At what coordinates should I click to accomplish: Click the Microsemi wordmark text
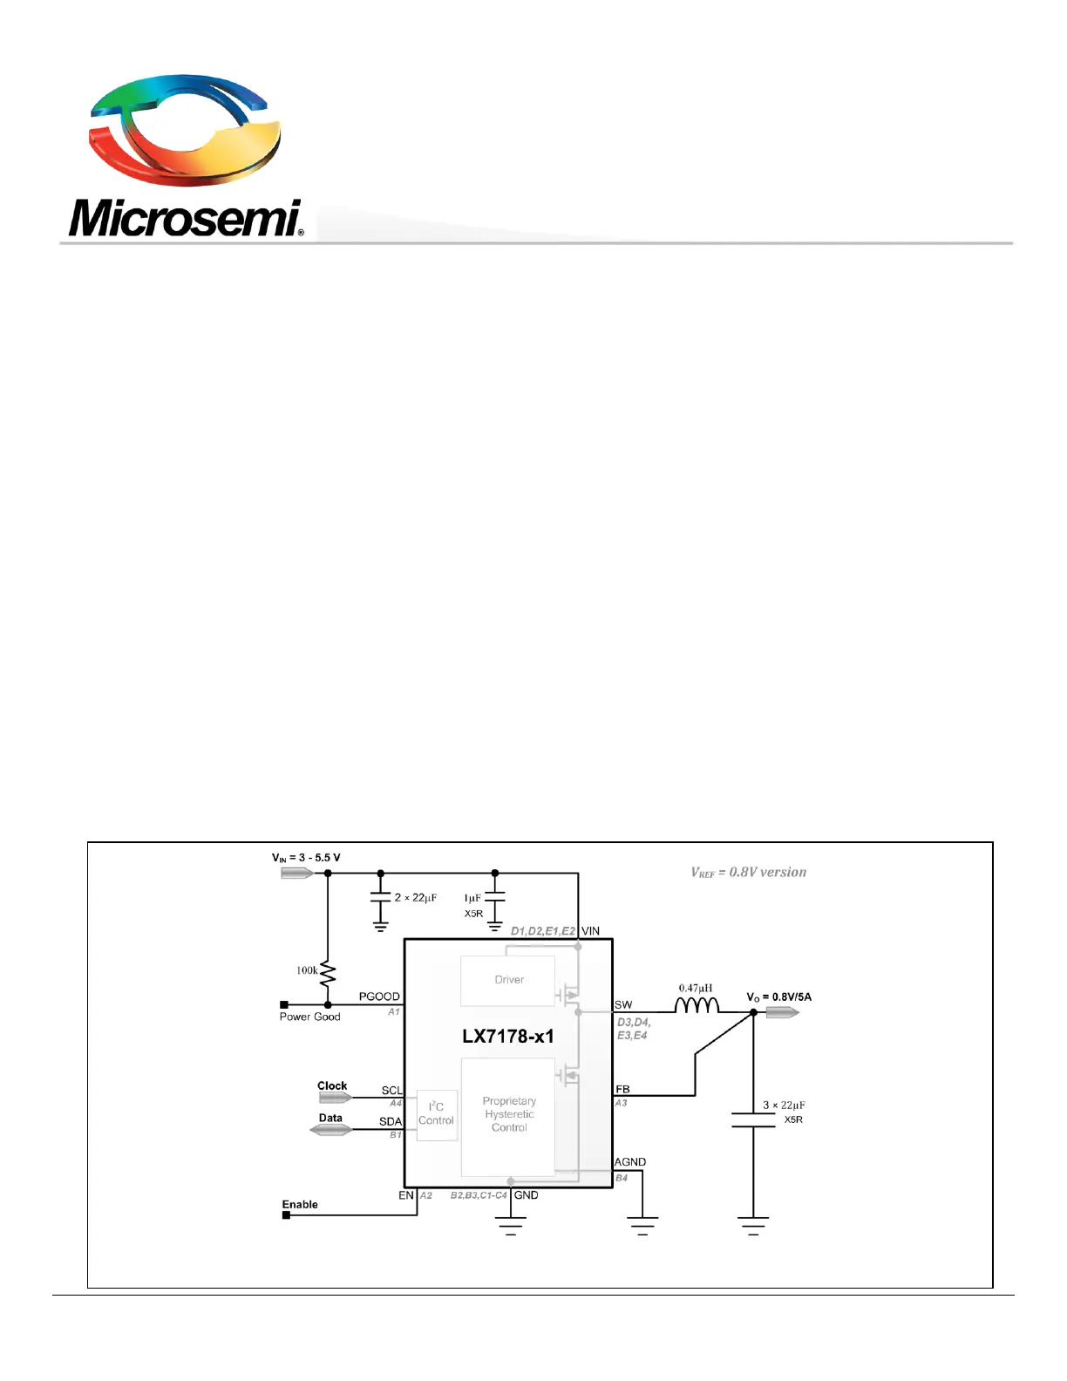click(185, 218)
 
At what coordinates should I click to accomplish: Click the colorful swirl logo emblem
click(185, 130)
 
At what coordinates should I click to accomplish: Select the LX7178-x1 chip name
click(507, 1037)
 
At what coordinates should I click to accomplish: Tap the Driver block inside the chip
click(507, 981)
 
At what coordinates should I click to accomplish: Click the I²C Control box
click(437, 1115)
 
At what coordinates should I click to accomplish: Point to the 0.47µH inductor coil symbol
click(697, 1004)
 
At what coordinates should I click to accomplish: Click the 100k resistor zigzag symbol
click(328, 974)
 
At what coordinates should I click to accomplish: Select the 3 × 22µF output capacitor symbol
click(753, 1119)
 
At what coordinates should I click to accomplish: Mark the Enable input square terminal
click(286, 1215)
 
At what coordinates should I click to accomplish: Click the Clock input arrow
click(335, 1098)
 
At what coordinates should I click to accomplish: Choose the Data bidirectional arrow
click(330, 1129)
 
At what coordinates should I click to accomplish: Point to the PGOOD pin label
click(379, 997)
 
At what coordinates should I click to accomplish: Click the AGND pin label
click(629, 1162)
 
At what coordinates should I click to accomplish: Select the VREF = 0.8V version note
click(749, 873)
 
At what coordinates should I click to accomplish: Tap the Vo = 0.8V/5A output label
click(779, 997)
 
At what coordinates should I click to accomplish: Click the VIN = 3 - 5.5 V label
click(306, 858)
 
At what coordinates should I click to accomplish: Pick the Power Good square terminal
click(284, 1004)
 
